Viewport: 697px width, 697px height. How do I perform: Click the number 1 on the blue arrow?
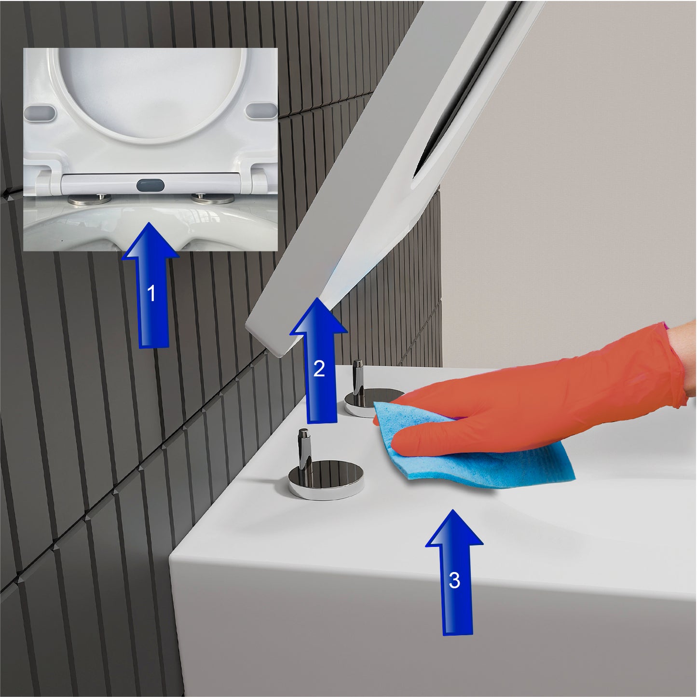[x=151, y=293]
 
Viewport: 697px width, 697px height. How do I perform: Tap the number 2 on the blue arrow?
[x=319, y=369]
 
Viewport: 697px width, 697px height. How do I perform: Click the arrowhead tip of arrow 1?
[x=150, y=223]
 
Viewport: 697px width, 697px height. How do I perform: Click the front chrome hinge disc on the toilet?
[x=326, y=478]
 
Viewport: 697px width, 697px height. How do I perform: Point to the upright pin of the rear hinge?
[x=358, y=377]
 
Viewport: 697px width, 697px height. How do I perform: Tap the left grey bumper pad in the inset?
[x=40, y=111]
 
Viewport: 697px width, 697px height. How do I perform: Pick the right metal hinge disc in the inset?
[x=213, y=199]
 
